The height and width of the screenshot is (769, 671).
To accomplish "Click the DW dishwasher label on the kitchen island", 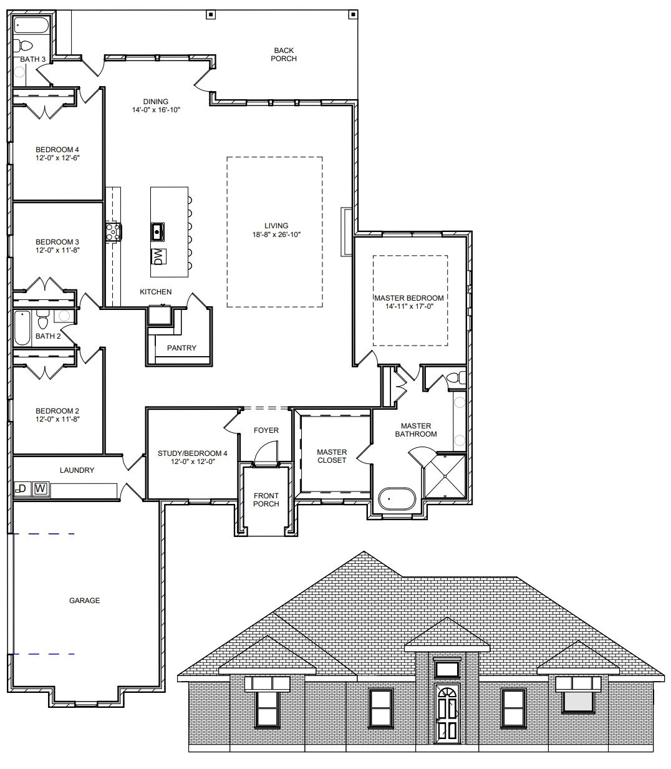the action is point(158,257).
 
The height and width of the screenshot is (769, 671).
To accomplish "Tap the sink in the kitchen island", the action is point(157,232).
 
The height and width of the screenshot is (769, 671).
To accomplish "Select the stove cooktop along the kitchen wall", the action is point(113,232).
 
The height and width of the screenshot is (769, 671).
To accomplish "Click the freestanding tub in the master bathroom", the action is point(397,499).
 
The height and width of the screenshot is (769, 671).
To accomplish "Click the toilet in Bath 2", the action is point(43,319).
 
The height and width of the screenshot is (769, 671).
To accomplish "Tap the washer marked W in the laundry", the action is point(41,489).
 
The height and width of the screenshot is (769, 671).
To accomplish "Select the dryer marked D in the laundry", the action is point(22,489).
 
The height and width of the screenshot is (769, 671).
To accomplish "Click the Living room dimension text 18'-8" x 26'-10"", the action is point(276,235).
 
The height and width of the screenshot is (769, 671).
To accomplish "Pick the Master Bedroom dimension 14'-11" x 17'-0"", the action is point(409,306).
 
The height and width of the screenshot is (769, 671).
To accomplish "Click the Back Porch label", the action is point(284,54).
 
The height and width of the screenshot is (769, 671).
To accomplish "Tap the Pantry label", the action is point(181,348).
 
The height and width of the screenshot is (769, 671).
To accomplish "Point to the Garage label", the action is point(85,601).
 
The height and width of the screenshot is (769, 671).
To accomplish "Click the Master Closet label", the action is point(332,457).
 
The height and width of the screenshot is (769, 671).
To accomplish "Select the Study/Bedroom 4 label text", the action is point(192,453).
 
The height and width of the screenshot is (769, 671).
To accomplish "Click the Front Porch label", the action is point(266,500).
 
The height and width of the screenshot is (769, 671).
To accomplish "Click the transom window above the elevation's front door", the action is point(447,669).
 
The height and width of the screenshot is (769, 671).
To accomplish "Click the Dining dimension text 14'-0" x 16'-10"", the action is point(156,110).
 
